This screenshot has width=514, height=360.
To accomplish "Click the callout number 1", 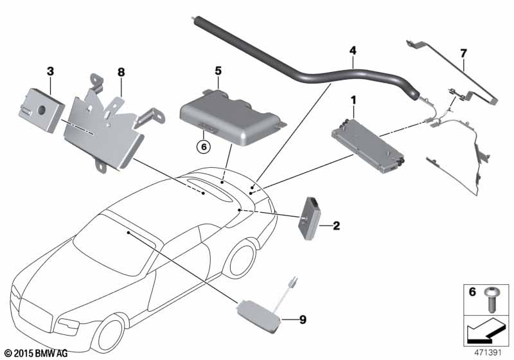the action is pos(353,100).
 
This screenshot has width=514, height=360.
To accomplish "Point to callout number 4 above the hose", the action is pos(352,50).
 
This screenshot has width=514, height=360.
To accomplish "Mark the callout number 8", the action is pos(120,71).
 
